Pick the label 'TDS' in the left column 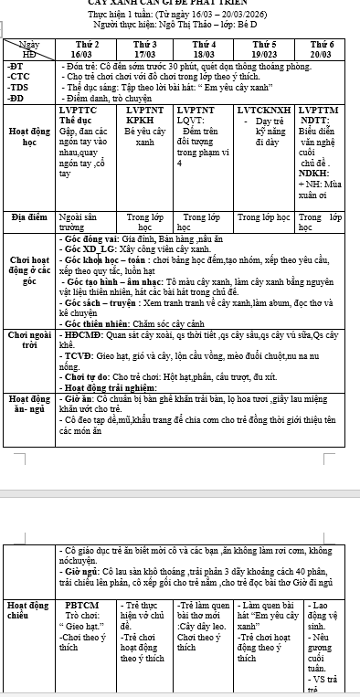(x=16, y=87)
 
